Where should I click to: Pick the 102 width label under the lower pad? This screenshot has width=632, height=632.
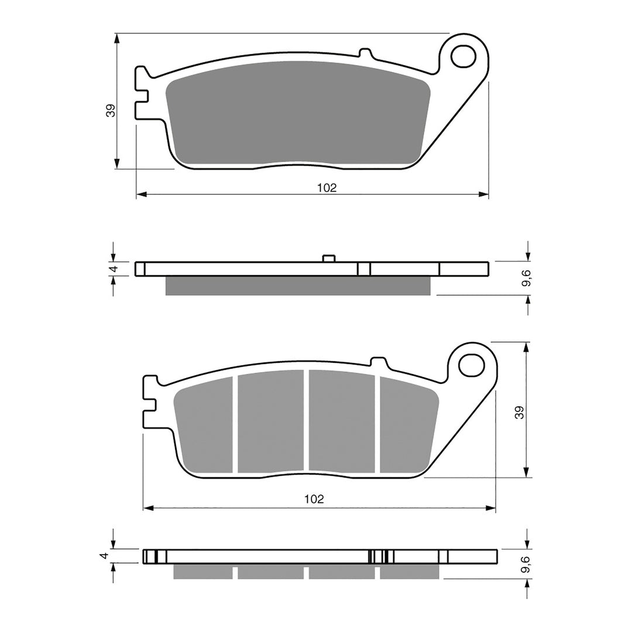(314, 499)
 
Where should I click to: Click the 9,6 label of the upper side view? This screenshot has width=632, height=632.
(528, 279)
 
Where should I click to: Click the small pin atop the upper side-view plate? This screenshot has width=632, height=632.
(328, 258)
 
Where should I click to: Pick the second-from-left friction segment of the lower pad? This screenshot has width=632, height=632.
(270, 421)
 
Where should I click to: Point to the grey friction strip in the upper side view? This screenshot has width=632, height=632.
(298, 286)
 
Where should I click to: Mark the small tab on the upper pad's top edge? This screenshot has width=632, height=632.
(366, 54)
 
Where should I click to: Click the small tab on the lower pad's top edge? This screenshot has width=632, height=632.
(379, 362)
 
